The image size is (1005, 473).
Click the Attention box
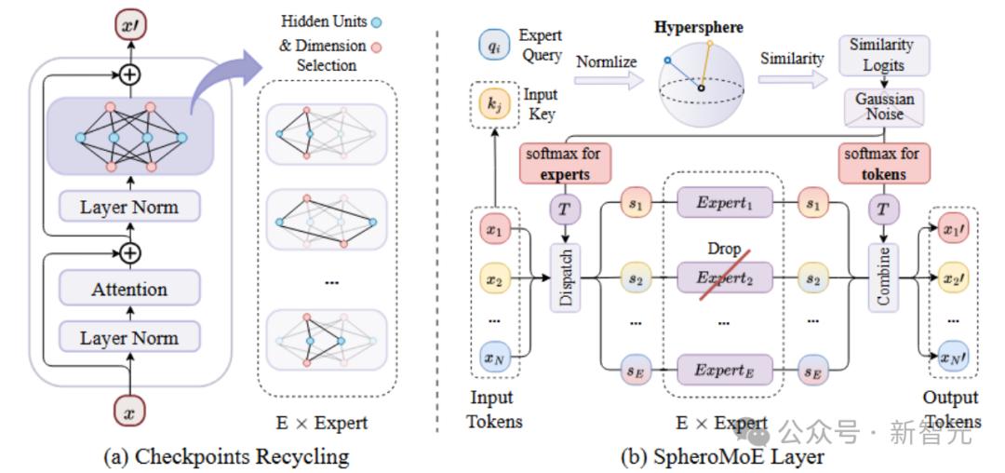129,291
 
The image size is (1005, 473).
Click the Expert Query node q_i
492,43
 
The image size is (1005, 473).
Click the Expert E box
722,370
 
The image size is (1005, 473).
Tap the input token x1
493,228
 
